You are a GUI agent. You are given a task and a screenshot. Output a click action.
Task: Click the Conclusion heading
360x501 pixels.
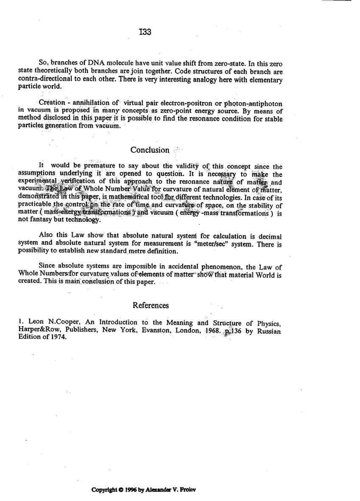[x=150, y=150]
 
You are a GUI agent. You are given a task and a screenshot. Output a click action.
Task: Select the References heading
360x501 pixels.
[x=151, y=305]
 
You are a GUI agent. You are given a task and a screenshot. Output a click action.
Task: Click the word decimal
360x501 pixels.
[x=270, y=236]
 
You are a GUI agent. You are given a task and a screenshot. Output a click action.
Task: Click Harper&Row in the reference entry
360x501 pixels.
[x=38, y=330]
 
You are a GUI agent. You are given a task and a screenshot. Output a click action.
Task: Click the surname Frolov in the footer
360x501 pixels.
[x=187, y=490]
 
